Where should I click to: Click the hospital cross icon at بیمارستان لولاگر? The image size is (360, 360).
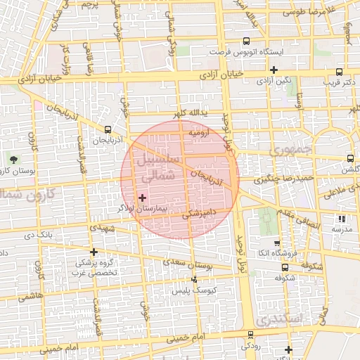coord(143,198)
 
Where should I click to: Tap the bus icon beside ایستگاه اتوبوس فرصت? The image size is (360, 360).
coord(245,41)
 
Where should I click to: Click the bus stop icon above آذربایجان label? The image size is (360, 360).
coord(108,129)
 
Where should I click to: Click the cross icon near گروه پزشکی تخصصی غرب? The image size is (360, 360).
coord(94,251)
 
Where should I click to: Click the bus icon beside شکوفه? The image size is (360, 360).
coord(284,266)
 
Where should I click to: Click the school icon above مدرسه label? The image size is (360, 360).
coord(342,219)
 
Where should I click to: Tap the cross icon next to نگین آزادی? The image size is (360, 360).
coord(274,70)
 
